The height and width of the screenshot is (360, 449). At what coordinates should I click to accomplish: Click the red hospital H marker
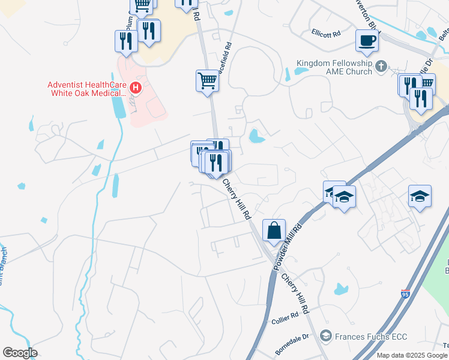coord(136,89)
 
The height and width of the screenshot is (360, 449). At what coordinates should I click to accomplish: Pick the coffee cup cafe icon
coord(367,41)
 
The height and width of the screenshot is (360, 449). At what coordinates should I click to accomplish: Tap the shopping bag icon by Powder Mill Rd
coord(274,230)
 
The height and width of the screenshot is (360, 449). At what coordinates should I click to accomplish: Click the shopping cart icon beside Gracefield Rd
coord(207,80)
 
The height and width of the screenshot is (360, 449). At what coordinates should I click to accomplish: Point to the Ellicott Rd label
coord(326,34)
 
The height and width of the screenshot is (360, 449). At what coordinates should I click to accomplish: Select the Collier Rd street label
coord(285,316)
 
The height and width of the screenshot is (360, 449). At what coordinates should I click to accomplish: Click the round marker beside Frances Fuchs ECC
coord(326,335)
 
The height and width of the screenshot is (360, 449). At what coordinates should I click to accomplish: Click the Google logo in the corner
coord(20,353)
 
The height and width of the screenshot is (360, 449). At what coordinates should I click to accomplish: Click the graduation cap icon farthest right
coord(420,196)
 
